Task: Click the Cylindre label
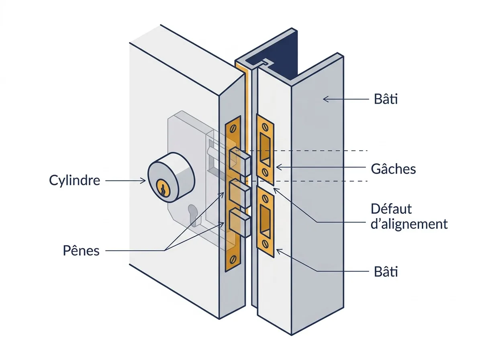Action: pos(74,180)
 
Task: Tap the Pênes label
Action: pos(81,250)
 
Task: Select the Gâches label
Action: pos(393,169)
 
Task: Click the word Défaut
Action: pos(391,209)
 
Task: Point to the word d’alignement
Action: pos(409,224)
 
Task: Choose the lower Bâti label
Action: pos(386,272)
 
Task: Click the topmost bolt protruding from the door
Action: pos(240,162)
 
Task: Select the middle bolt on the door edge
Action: pos(240,193)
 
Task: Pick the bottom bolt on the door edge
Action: pos(240,222)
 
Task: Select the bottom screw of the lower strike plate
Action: pos(265,244)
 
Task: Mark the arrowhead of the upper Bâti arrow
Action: pos(325,99)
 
